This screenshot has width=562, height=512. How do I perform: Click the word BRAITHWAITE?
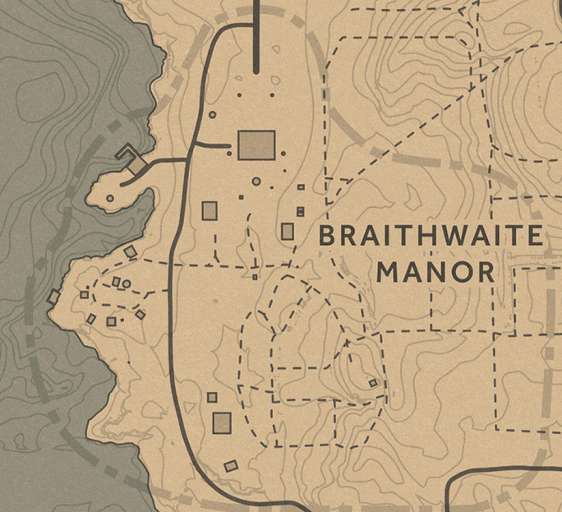coord(431,237)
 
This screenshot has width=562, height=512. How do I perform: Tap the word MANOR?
coord(435,272)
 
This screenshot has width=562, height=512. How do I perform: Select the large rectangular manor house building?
coord(256,145)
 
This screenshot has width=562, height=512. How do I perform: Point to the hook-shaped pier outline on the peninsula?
coord(131,157)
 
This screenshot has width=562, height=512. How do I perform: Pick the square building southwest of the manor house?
coord(210,211)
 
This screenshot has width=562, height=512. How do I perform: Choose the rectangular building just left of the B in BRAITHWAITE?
coord(288,231)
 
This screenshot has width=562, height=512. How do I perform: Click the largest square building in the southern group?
coord(222,422)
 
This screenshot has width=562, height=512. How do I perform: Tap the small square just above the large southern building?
coord(212,398)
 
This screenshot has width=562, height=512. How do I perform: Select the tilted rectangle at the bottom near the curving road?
coord(231,466)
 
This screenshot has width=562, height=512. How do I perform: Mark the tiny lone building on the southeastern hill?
coord(373,383)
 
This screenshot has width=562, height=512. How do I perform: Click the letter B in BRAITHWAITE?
coord(327,237)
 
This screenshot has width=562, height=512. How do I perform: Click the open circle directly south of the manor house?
coord(256,181)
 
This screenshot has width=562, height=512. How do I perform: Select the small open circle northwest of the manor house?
coord(213,115)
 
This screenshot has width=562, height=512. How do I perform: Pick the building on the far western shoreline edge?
coord(54,297)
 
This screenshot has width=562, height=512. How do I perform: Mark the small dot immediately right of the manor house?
coord(283,153)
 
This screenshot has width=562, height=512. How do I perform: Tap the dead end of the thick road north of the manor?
coord(256,72)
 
